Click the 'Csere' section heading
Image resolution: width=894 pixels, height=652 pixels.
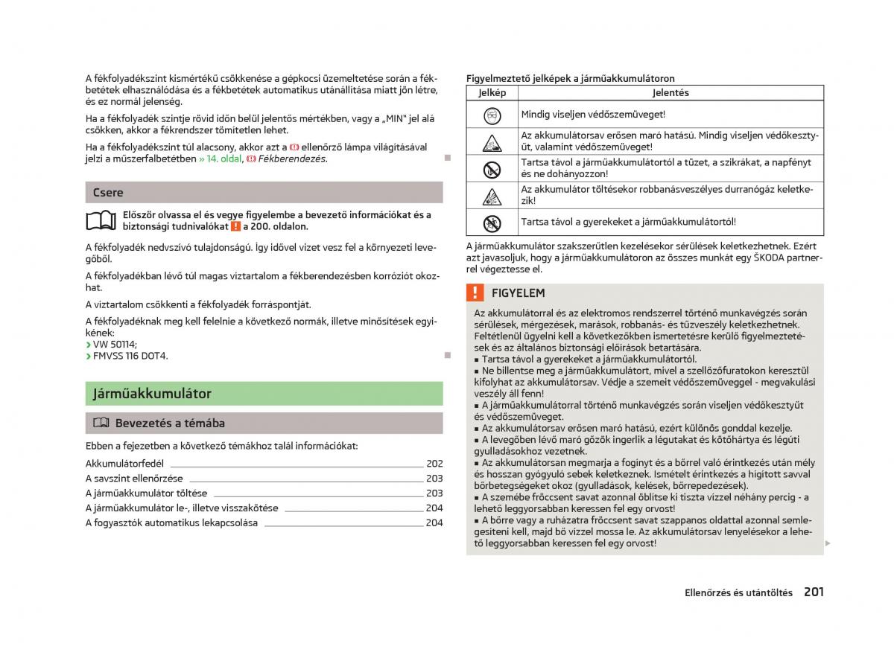click(108, 192)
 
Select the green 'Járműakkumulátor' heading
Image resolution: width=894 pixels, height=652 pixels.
click(152, 393)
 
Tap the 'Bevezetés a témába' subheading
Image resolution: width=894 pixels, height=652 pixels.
click(170, 423)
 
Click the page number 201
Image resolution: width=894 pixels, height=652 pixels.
click(814, 592)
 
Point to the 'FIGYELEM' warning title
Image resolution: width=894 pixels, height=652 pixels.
click(518, 293)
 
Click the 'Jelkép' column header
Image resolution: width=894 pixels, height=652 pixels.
click(492, 93)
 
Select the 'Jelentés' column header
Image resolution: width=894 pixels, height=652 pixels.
click(670, 93)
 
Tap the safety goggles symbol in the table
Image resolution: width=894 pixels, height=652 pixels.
click(492, 115)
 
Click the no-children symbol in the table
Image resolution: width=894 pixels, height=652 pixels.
click(492, 222)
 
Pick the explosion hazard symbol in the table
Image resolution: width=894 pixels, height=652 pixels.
click(492, 196)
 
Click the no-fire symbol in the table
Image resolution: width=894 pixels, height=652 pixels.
click(492, 168)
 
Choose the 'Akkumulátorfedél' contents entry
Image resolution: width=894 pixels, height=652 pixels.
click(124, 464)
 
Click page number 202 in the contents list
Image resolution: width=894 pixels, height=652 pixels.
click(434, 464)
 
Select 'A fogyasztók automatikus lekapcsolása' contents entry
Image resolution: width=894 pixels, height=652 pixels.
click(171, 522)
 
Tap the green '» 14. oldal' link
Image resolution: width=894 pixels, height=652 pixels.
click(220, 159)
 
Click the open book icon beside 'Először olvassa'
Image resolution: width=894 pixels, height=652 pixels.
click(101, 220)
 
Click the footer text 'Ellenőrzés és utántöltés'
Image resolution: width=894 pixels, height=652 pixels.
click(738, 593)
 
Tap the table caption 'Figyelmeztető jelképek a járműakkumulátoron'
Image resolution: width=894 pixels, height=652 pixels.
click(570, 78)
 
